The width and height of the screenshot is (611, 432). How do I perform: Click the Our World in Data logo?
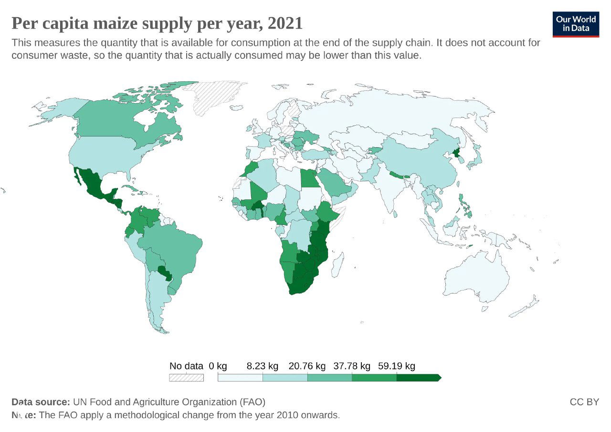pyautogui.click(x=576, y=25)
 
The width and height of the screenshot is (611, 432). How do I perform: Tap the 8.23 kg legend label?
pyautogui.click(x=262, y=366)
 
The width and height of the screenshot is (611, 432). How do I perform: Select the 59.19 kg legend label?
pyautogui.click(x=396, y=366)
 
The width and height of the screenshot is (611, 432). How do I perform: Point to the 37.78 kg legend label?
pyautogui.click(x=352, y=366)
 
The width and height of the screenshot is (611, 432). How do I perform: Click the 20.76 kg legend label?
pyautogui.click(x=307, y=366)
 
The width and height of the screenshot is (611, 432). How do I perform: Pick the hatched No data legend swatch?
pyautogui.click(x=186, y=378)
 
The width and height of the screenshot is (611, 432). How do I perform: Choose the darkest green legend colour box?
pyautogui.click(x=418, y=378)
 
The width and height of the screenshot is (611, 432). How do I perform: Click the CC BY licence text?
pyautogui.click(x=584, y=402)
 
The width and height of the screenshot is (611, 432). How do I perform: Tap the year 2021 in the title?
pyautogui.click(x=285, y=23)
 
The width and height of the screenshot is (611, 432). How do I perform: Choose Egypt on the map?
pyautogui.click(x=308, y=180)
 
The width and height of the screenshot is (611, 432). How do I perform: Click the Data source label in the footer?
pyautogui.click(x=41, y=402)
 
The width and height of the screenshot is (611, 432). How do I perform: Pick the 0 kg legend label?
pyautogui.click(x=218, y=366)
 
